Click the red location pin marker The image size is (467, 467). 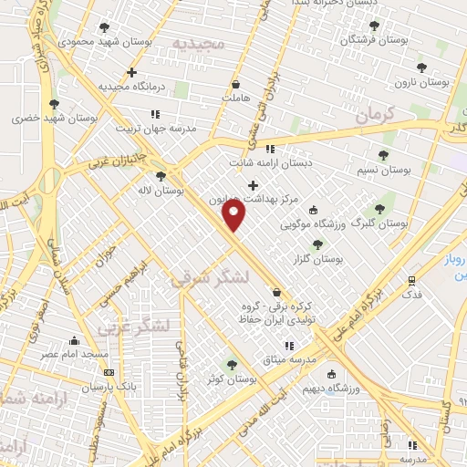click(234, 215)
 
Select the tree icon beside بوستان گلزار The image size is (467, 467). click(317, 244)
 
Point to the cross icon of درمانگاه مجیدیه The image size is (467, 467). click(132, 72)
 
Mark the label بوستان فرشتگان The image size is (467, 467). click(373, 40)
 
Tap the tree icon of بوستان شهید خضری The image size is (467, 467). click(54, 104)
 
